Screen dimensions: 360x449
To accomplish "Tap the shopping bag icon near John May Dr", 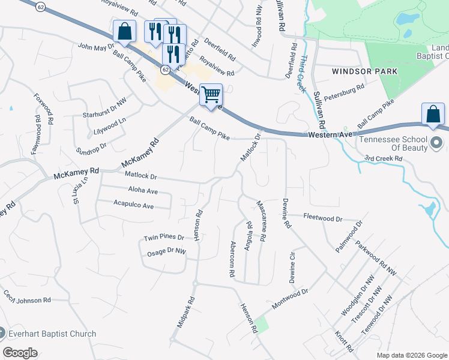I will pos(124,31).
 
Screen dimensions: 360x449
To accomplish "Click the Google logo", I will pos(20,353).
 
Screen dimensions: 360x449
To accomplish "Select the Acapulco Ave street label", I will pos(133,205).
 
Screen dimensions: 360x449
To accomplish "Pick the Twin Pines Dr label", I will pos(163,238).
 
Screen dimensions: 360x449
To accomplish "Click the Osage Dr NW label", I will pos(166,252).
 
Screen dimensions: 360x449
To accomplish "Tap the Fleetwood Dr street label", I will pos(322,218).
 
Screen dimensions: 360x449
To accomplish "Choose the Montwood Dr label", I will pos(289,296).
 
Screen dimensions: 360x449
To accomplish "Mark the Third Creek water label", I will pos(304,74).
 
